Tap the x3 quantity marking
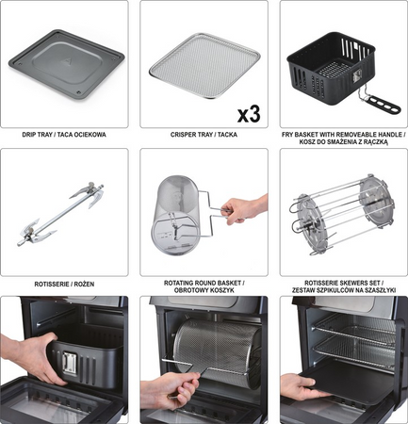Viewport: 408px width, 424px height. click(x=248, y=115)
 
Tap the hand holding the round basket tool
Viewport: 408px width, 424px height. click(x=245, y=208)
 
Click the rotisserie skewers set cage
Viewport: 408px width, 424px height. click(x=343, y=212)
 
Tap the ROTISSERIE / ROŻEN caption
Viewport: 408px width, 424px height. click(x=63, y=282)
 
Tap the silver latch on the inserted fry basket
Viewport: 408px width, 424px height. click(x=69, y=364)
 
